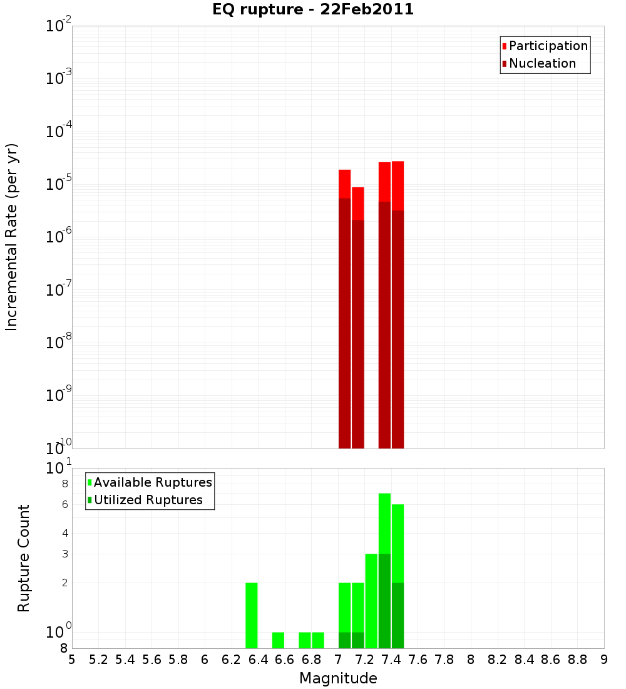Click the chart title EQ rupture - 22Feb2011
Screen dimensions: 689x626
[313, 10]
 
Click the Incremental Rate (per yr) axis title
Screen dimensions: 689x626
[11, 237]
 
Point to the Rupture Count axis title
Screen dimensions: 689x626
[24, 557]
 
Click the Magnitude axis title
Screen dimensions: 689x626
[338, 678]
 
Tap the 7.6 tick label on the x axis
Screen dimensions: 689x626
[418, 660]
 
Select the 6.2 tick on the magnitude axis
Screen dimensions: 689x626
[232, 660]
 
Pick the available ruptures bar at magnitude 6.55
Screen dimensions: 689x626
[278, 640]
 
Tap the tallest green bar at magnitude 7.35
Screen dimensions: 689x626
[384, 523]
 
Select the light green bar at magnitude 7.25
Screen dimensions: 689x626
[371, 601]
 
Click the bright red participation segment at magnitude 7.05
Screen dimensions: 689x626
[344, 184]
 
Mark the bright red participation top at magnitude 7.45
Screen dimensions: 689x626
[398, 185]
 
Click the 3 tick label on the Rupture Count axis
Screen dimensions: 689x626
[64, 554]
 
